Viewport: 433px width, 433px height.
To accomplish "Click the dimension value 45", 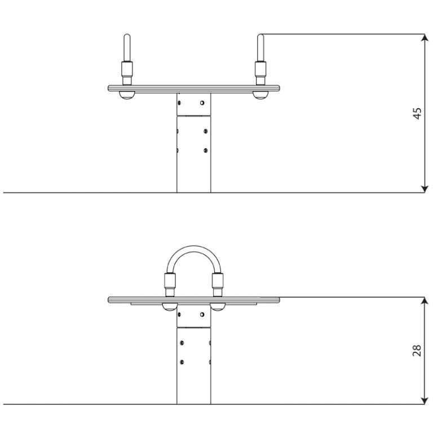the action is coord(417,113).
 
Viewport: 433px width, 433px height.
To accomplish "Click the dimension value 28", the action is coord(417,351).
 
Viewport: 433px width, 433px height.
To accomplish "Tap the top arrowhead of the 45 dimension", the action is coord(425,38).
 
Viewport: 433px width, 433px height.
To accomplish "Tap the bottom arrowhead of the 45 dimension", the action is coord(425,189).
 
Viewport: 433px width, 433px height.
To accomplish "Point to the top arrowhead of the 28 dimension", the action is coord(425,301).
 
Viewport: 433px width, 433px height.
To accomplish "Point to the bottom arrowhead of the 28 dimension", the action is coord(425,400).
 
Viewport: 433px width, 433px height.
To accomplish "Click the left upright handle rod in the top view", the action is coord(127,47).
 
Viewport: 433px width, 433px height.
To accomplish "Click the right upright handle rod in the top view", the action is coord(260,47).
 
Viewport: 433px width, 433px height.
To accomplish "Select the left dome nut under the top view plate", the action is coord(127,95).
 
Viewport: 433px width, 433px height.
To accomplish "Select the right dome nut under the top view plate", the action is coord(260,95).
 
